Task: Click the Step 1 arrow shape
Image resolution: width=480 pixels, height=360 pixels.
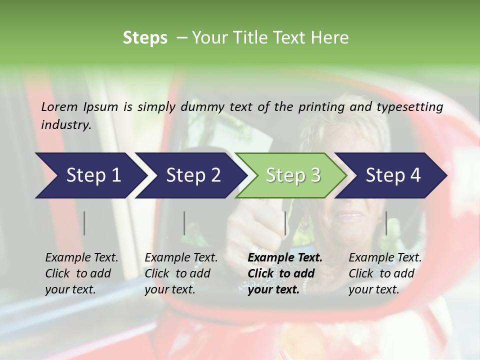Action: (90, 175)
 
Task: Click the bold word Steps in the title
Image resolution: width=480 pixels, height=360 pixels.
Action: (145, 38)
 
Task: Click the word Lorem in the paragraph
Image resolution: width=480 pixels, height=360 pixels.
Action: (59, 106)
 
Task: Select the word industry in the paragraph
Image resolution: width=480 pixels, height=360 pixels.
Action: (65, 124)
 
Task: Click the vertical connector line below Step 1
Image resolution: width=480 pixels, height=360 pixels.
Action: (84, 223)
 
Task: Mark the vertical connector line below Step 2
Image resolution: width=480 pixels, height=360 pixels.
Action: (184, 223)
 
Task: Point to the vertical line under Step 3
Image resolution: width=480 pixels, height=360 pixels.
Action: (285, 223)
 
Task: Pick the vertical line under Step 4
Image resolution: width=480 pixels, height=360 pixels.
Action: (386, 223)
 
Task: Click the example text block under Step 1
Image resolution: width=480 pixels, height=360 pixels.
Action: (81, 273)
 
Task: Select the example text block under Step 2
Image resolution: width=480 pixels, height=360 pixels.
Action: (181, 273)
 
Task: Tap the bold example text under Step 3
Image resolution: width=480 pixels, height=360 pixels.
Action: (284, 273)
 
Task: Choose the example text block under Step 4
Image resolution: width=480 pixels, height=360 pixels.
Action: (385, 273)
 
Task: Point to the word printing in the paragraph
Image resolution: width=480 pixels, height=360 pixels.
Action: (319, 106)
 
